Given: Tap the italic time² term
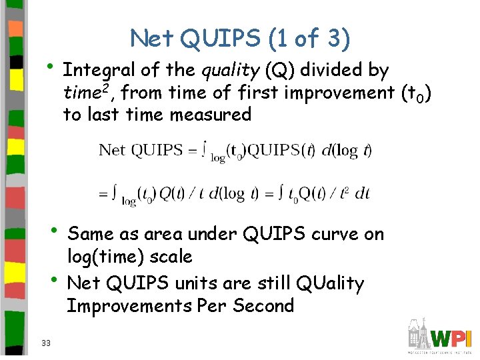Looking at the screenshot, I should point(85,92).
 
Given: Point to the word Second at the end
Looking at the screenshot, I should point(263,306).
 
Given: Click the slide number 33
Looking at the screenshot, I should point(46,343).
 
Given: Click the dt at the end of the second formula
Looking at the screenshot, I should point(362,193).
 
